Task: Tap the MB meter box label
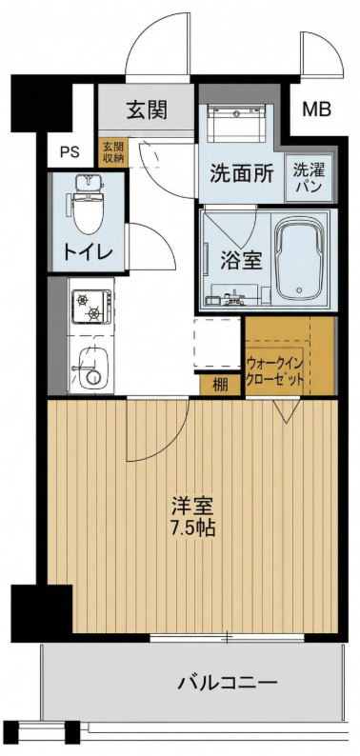pyautogui.click(x=316, y=109)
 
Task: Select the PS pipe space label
pyautogui.click(x=70, y=150)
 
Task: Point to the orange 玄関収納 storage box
pyautogui.click(x=112, y=152)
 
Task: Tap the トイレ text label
pyautogui.click(x=89, y=251)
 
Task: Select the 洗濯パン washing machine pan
pyautogui.click(x=310, y=177)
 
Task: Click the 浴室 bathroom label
pyautogui.click(x=241, y=260)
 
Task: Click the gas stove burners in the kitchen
pyautogui.click(x=91, y=307)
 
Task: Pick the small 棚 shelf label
pyautogui.click(x=220, y=385)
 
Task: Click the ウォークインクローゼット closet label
pyautogui.click(x=276, y=370)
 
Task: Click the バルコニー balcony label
pyautogui.click(x=228, y=683)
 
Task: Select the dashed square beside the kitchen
pyautogui.click(x=218, y=343)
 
